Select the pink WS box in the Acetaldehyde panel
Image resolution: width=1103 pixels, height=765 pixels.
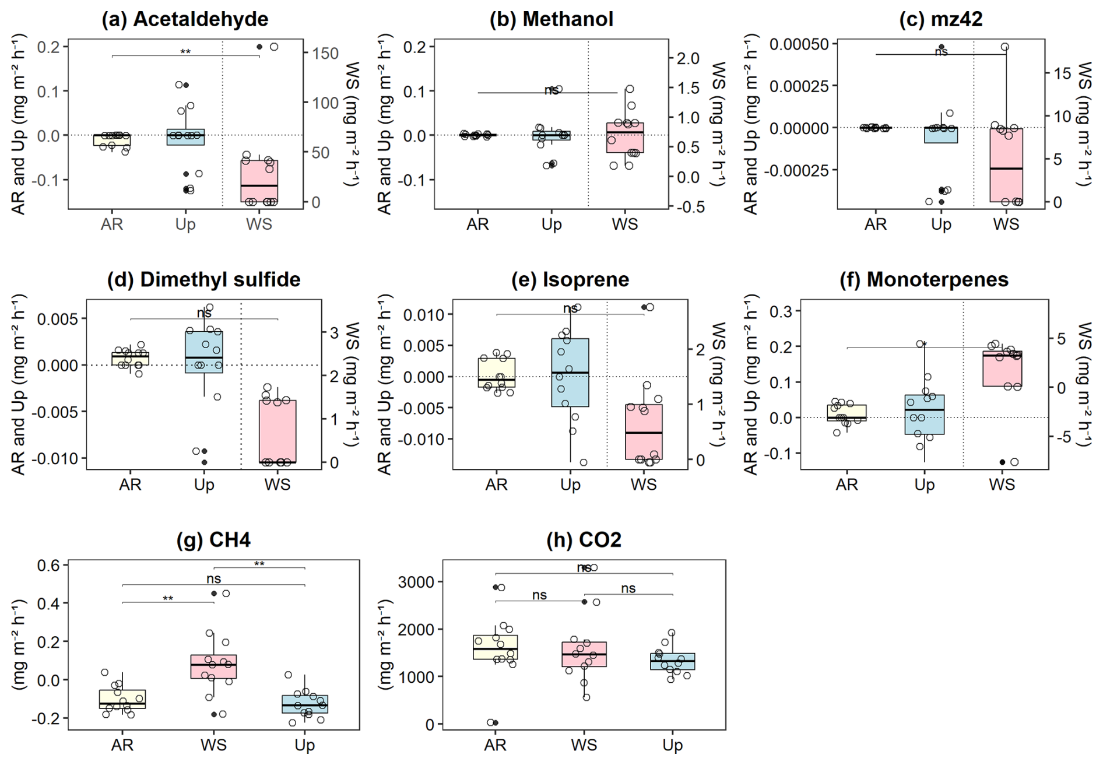click(x=259, y=181)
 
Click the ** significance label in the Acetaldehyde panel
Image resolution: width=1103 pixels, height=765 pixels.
click(x=185, y=52)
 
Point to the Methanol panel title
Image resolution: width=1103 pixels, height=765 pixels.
click(x=551, y=19)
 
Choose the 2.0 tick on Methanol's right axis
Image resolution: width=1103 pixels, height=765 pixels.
click(x=688, y=58)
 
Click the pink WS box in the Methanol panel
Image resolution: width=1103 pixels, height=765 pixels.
click(x=625, y=138)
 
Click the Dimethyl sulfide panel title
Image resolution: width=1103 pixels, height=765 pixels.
click(x=203, y=280)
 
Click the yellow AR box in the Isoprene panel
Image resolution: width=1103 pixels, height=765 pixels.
click(x=497, y=373)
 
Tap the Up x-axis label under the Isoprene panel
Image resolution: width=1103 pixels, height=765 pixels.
click(x=570, y=485)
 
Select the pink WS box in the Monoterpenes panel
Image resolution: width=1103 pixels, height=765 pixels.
click(x=1002, y=369)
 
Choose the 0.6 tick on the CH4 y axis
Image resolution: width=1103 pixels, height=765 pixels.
click(x=49, y=565)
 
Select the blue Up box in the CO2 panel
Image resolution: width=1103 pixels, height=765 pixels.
click(x=673, y=661)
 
